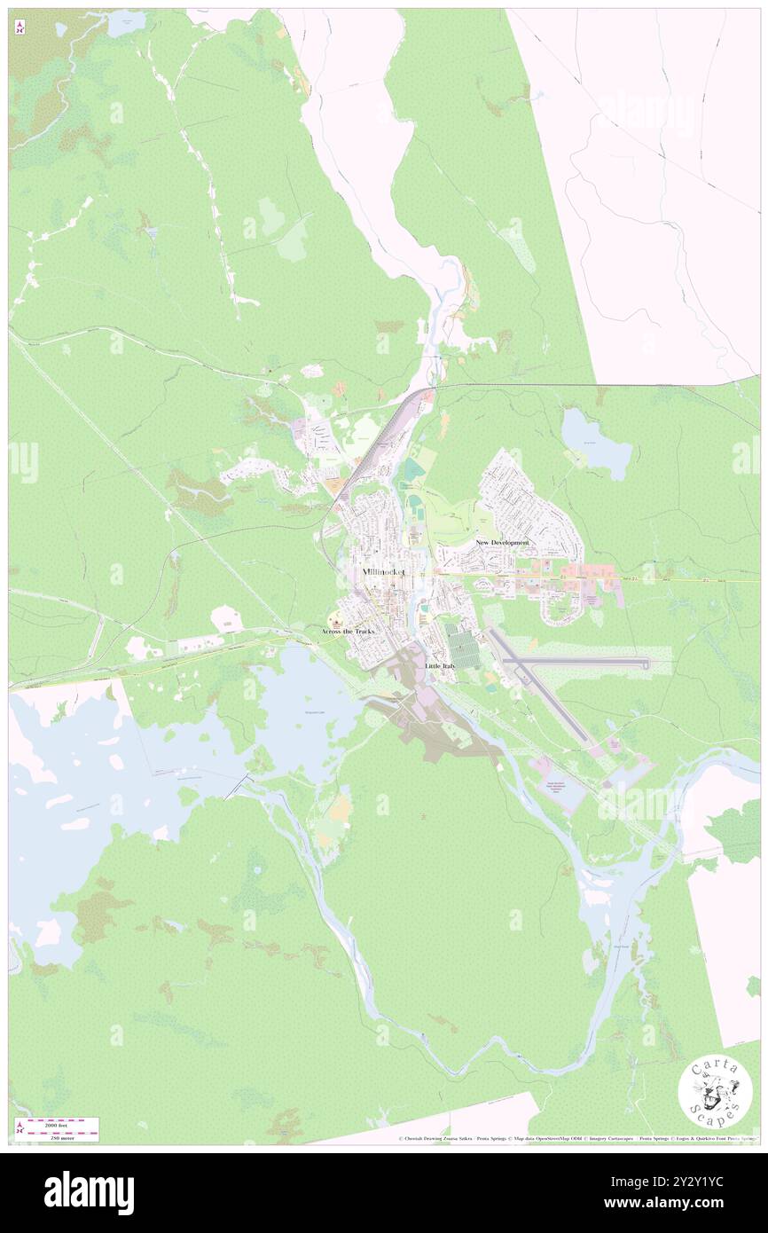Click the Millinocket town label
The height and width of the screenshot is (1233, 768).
(384, 572)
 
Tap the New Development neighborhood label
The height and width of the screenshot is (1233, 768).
(502, 542)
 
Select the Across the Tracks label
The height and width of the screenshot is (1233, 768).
(348, 631)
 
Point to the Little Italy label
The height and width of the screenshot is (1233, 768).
(440, 665)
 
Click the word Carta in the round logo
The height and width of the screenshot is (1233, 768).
(715, 1068)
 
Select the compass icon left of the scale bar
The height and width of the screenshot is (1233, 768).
(20, 1128)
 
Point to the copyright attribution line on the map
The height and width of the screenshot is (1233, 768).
(576, 1139)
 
